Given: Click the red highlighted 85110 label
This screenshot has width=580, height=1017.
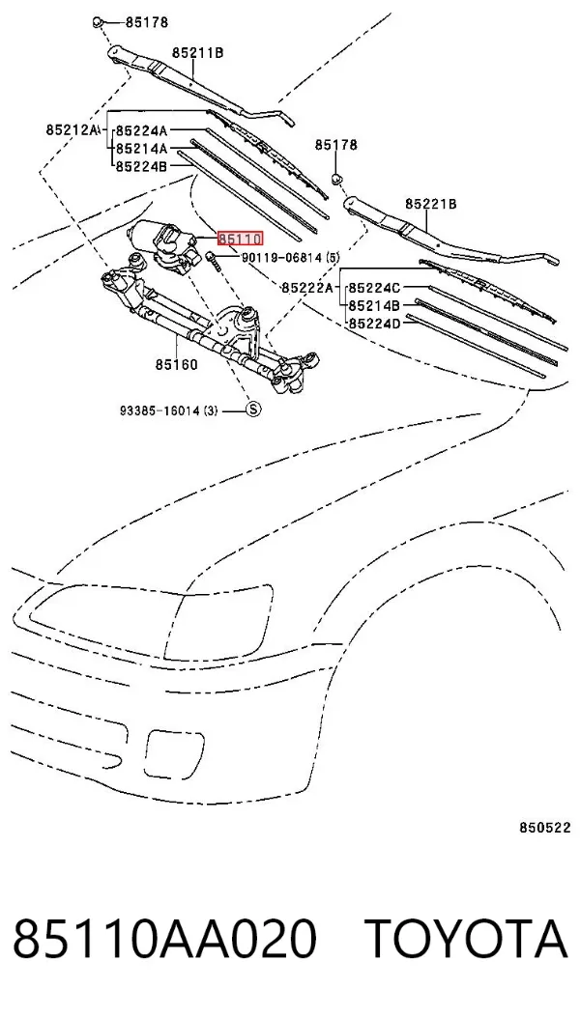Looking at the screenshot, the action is [x=241, y=240].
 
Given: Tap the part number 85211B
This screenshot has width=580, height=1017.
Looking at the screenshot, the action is [x=197, y=53].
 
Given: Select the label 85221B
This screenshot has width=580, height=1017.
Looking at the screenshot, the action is [x=430, y=205].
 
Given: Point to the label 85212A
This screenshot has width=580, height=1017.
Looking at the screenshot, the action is [x=72, y=129].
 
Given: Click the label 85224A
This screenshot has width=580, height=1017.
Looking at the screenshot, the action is [x=141, y=131].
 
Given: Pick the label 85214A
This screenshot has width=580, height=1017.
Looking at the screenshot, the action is [x=141, y=149].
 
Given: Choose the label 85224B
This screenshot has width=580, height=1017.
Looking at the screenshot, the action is [x=141, y=167].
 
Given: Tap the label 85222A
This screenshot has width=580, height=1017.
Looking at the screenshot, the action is [x=306, y=287].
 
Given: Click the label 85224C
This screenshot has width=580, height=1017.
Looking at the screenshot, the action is [x=374, y=287].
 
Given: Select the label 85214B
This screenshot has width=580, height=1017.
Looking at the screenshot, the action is [x=374, y=305].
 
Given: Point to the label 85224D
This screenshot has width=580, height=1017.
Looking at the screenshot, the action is [x=374, y=323].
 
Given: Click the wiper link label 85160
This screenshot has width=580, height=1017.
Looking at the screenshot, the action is [x=176, y=364].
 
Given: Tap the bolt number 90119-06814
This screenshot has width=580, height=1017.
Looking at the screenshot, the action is [x=282, y=258].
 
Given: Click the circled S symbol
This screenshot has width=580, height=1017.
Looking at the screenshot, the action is [x=253, y=409].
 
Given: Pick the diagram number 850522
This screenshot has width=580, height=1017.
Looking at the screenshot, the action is [x=544, y=827].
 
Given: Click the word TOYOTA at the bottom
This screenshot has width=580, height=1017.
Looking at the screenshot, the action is [x=466, y=938].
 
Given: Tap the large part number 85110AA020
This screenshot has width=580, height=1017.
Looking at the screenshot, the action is [x=163, y=938].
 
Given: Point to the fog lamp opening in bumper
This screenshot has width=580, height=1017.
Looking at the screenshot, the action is [x=175, y=754].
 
